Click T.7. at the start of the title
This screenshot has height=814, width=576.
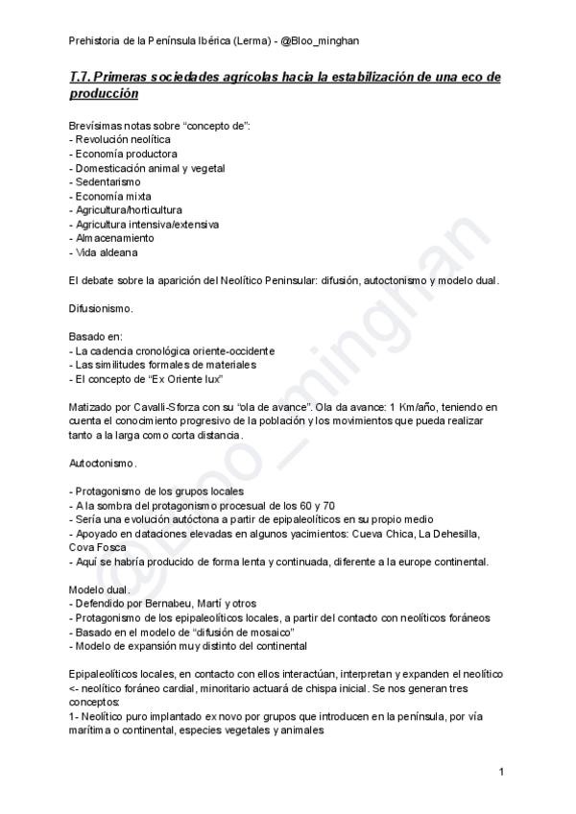point(83,77)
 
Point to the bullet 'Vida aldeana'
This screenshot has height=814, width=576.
point(107,251)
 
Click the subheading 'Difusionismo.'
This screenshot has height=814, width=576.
point(101,310)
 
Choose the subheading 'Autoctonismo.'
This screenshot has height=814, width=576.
point(103,463)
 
